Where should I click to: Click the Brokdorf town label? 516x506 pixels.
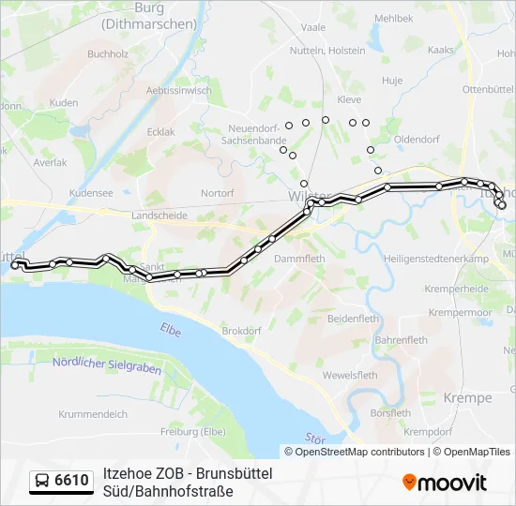coord(240,331)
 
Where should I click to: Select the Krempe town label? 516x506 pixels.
coord(469,398)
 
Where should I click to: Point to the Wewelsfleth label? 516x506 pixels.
coord(350,375)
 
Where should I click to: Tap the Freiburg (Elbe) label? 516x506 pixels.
coord(192,431)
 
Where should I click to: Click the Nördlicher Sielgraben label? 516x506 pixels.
coord(93,365)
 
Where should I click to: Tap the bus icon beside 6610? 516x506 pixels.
coord(43,481)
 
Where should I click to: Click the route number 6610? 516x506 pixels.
coord(72,481)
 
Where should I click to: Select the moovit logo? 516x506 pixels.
coord(445,483)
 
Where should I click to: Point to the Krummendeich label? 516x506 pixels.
coord(93,413)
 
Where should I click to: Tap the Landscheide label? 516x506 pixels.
coord(159,215)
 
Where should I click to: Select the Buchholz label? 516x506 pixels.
coord(108,54)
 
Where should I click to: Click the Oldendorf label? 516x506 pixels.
coord(417,139)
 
